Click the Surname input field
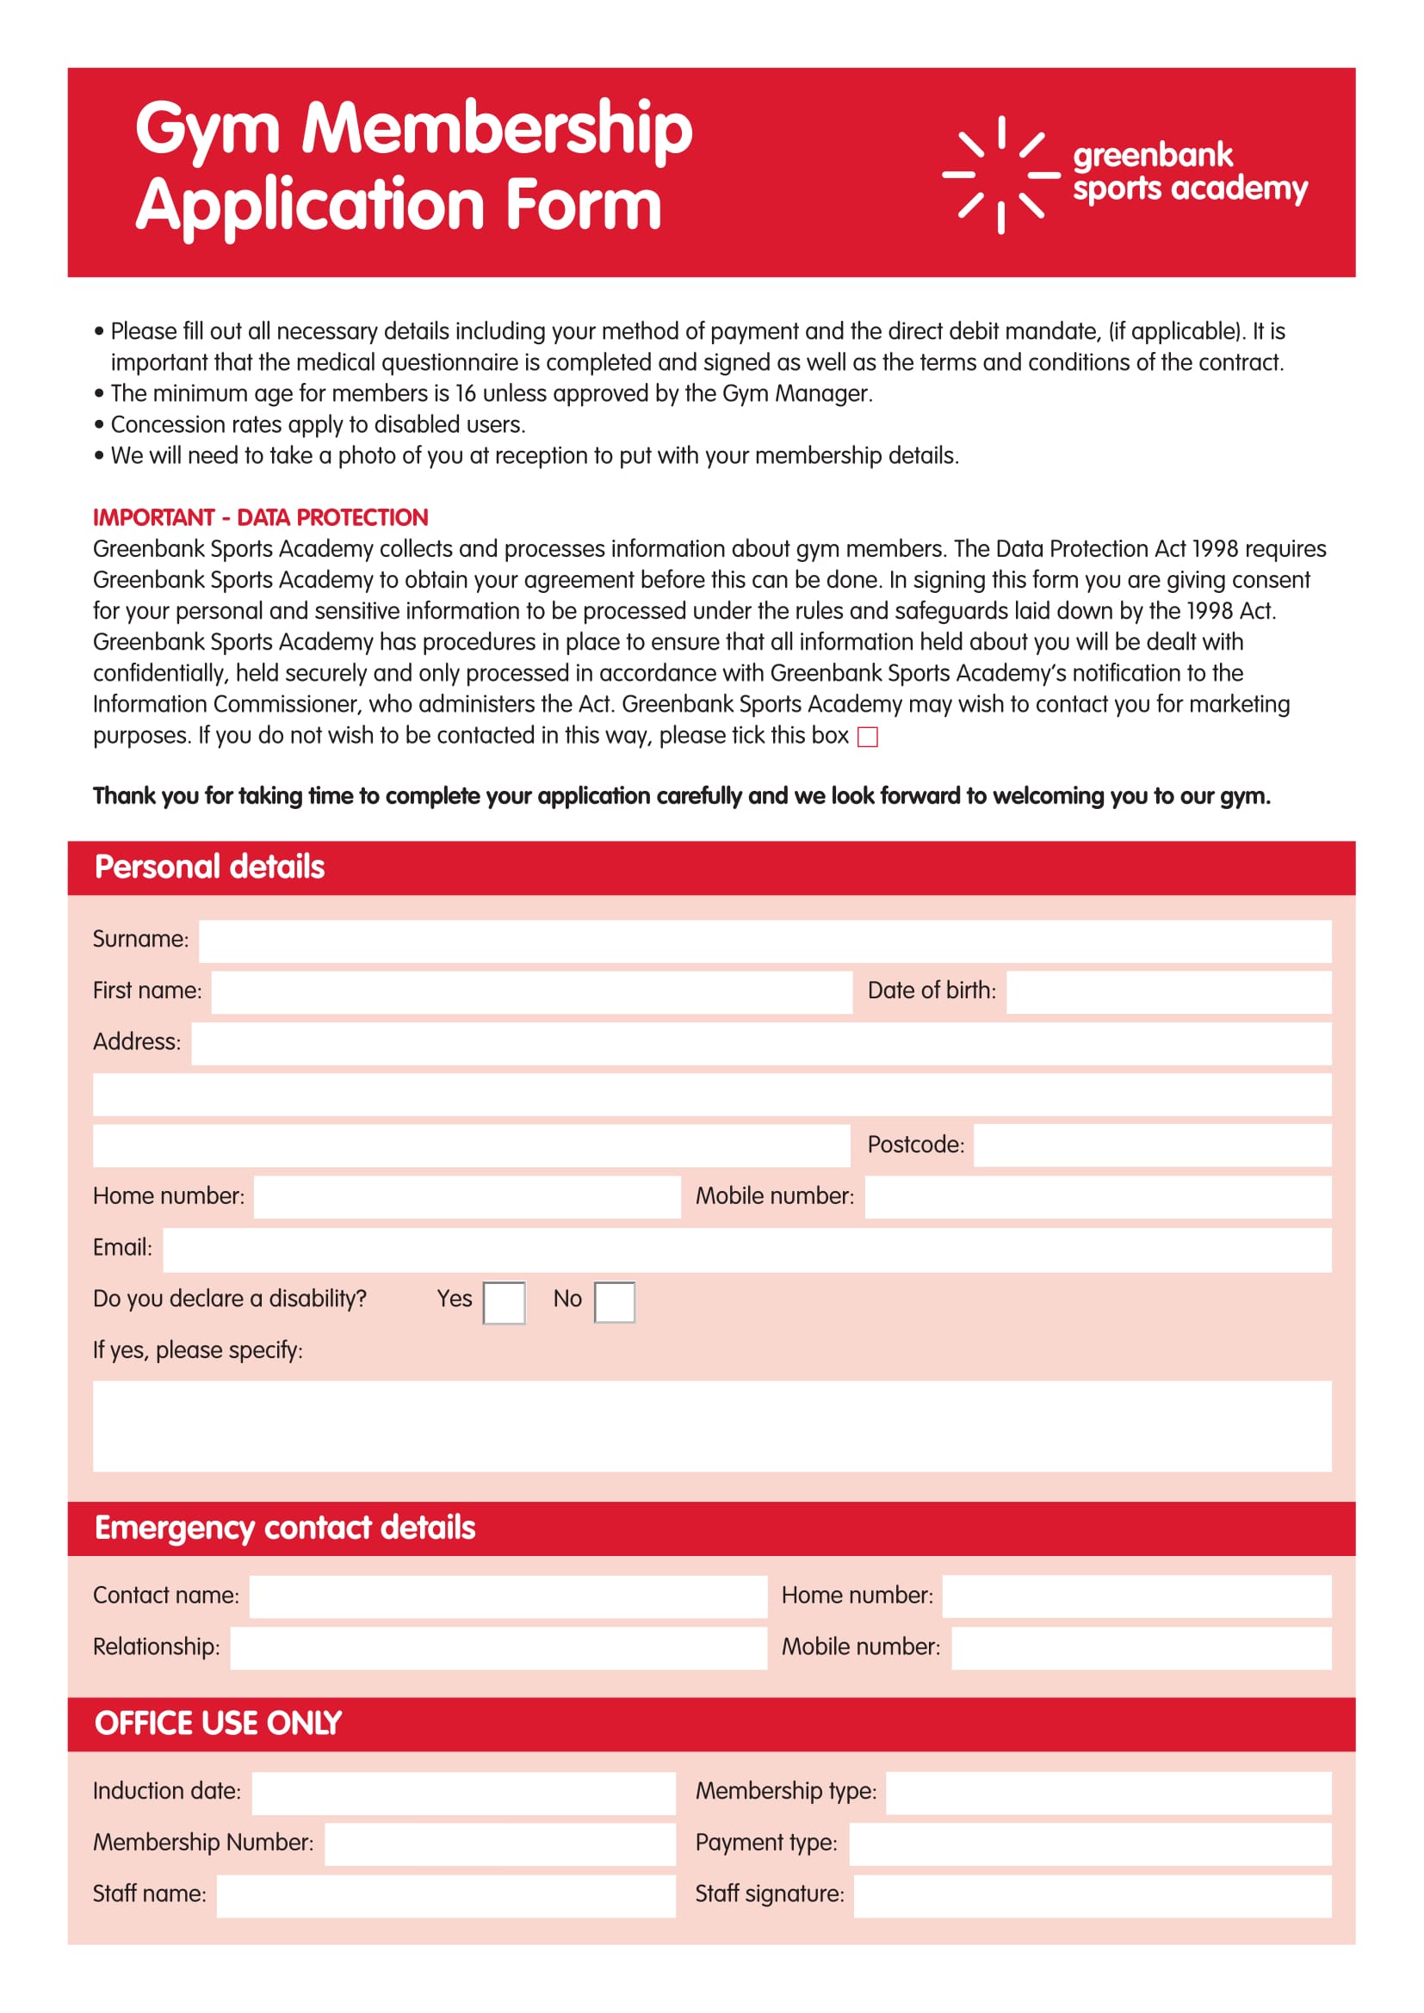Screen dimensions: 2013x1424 765,941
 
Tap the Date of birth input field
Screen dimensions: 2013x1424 1168,991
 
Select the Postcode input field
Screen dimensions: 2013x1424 1151,1145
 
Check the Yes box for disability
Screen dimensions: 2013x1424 505,1302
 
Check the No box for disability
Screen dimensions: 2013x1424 614,1302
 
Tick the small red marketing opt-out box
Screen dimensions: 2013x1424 867,737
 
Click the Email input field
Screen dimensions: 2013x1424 746,1250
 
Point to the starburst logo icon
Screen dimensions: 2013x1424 1000,175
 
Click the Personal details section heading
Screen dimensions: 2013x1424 209,868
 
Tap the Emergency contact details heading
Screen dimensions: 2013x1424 285,1528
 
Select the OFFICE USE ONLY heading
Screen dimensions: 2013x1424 219,1724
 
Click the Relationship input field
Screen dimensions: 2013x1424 498,1648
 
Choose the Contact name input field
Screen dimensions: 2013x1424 508,1596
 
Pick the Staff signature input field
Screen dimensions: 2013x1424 1092,1895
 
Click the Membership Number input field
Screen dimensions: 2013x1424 500,1843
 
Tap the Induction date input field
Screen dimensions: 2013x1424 463,1792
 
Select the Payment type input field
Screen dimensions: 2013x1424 1089,1843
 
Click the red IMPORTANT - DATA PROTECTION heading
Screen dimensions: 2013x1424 260,517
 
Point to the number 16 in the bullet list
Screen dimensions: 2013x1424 465,393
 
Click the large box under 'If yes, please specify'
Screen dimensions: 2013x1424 711,1425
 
